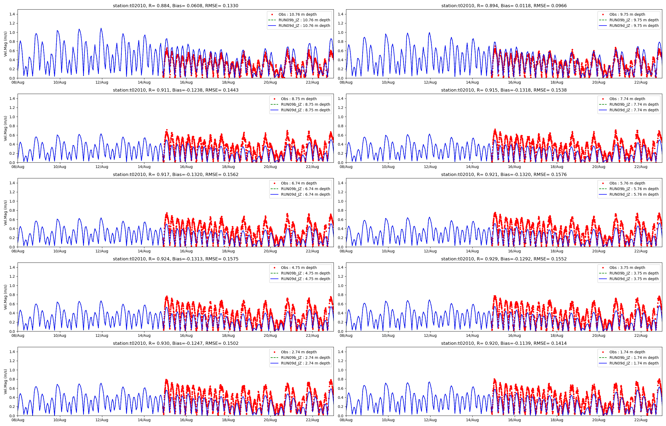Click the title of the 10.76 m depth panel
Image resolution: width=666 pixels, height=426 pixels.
(175, 6)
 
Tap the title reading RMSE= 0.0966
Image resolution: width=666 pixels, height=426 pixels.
(503, 6)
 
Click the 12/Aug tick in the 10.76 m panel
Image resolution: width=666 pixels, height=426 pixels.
(102, 83)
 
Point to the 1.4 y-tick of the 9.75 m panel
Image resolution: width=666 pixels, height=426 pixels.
(341, 14)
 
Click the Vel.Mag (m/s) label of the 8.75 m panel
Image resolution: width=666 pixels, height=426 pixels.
(6, 128)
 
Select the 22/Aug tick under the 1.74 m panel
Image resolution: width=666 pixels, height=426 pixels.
(640, 420)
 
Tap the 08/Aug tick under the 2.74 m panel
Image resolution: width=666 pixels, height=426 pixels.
(18, 420)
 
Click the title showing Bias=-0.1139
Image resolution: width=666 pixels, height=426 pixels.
(503, 343)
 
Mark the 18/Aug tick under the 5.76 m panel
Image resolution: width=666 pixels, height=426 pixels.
(557, 251)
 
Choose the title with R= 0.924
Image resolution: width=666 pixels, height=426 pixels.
(175, 259)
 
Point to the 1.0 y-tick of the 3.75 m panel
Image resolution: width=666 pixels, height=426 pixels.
(341, 285)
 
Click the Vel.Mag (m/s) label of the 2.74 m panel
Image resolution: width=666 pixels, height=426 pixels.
(6, 382)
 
